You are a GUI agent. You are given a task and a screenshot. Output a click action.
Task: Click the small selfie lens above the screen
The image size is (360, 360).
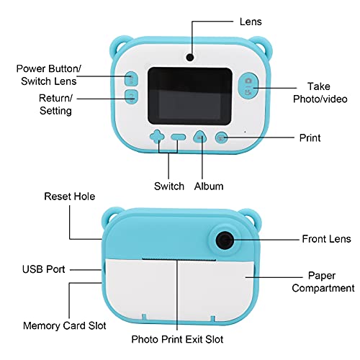pyautogui.click(x=190, y=57)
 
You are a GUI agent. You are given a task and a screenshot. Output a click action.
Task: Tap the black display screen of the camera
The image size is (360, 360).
pyautogui.click(x=190, y=96)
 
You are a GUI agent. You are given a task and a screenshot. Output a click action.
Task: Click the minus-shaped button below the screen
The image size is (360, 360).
pyautogui.click(x=179, y=138)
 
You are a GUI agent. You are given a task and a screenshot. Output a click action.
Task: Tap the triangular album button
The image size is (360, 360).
pyautogui.click(x=200, y=137)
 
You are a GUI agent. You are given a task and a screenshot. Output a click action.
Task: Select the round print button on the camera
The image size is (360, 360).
pyautogui.click(x=221, y=138)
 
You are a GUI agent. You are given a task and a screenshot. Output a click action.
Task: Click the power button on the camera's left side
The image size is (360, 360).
pyautogui.click(x=131, y=78)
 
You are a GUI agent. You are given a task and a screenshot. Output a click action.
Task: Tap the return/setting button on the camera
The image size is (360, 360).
pyautogui.click(x=131, y=96)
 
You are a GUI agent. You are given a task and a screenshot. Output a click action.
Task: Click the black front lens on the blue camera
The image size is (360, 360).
pyautogui.click(x=225, y=240)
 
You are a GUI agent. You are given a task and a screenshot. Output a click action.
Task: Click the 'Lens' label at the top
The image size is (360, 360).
pyautogui.click(x=251, y=22)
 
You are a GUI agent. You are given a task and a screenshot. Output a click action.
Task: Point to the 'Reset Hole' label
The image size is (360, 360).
pyautogui.click(x=70, y=197)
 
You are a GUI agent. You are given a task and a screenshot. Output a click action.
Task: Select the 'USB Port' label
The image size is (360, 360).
pyautogui.click(x=43, y=269)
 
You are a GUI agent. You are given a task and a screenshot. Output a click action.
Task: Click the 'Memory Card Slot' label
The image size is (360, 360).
pyautogui.click(x=65, y=325)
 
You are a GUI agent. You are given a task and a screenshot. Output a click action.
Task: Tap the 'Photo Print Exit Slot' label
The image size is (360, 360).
pyautogui.click(x=177, y=339)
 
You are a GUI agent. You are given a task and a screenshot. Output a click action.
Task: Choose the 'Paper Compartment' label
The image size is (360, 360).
pyautogui.click(x=323, y=282)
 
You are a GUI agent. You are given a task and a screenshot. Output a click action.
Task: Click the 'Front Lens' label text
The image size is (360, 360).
pyautogui.click(x=326, y=239)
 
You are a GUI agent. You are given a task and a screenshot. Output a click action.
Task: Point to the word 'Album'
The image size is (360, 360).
pyautogui.click(x=209, y=186)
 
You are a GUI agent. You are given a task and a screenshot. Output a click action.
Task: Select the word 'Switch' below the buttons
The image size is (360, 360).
pyautogui.click(x=169, y=186)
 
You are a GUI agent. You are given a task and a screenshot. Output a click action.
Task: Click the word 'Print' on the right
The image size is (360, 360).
pyautogui.click(x=310, y=138)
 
